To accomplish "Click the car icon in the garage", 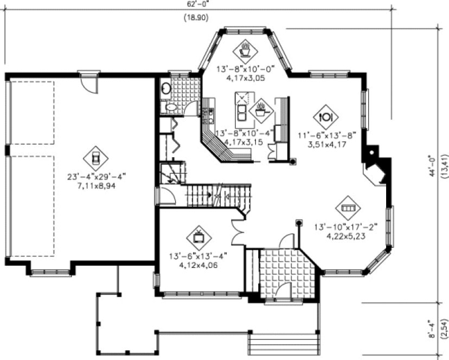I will (x=95, y=158).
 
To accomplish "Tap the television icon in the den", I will (x=198, y=237).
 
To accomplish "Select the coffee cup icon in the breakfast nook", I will (x=245, y=51).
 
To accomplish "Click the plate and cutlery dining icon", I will (x=327, y=116).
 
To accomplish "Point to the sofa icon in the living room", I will (x=348, y=208).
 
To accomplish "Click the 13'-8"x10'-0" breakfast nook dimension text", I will (x=246, y=69).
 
